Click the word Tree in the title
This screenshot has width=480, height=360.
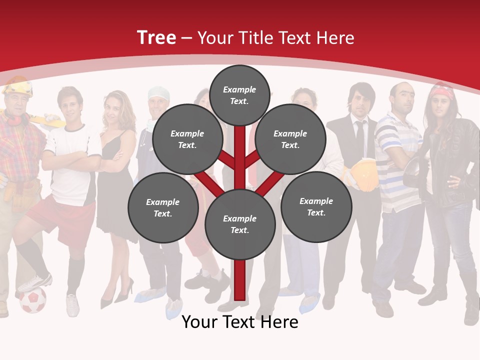point(156,37)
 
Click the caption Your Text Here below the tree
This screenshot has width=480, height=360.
point(239,322)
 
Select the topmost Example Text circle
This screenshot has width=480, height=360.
point(239,95)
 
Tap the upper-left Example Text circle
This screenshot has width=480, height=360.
point(187,139)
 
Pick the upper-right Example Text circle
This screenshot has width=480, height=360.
point(290,139)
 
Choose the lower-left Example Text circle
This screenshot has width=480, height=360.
point(162,207)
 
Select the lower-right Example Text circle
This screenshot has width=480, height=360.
point(316,206)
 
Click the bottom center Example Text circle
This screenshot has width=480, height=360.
point(239,224)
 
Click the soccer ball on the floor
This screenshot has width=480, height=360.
point(32,300)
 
